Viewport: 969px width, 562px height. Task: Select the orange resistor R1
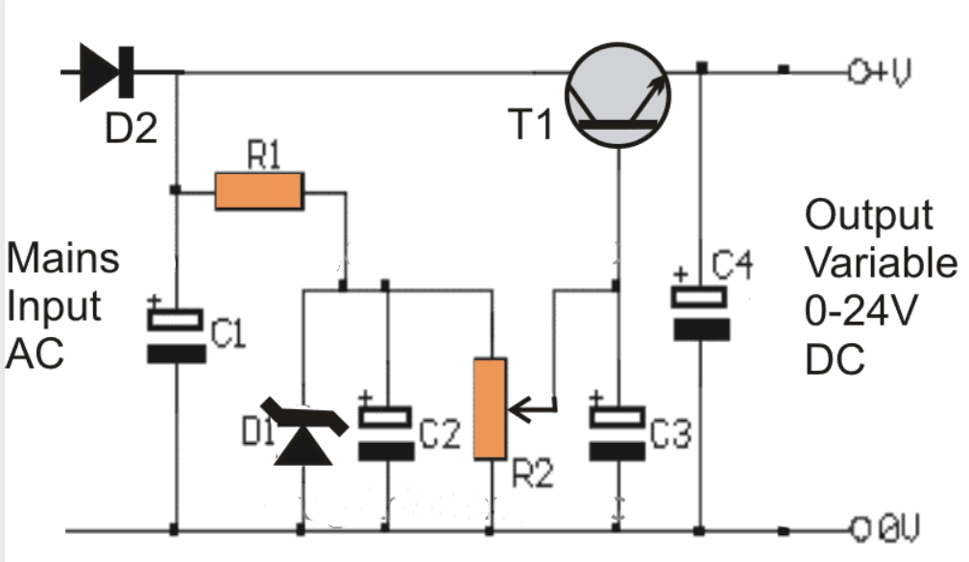pyautogui.click(x=259, y=192)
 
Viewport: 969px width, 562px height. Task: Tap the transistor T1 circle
pyautogui.click(x=616, y=99)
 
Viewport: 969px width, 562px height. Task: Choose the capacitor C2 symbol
pyautogui.click(x=386, y=433)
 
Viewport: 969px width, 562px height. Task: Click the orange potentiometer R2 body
pyautogui.click(x=490, y=407)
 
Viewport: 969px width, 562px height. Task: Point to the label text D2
pyautogui.click(x=131, y=127)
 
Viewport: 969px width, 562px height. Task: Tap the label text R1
pyautogui.click(x=265, y=159)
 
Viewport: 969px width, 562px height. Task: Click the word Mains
pyautogui.click(x=63, y=257)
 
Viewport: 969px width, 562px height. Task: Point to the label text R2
pyautogui.click(x=531, y=474)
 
